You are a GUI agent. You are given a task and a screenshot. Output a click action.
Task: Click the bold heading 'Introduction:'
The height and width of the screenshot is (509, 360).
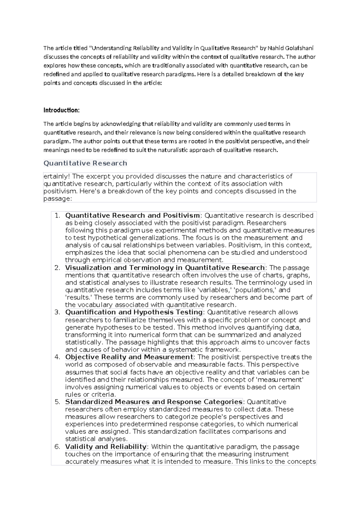coord(61,110)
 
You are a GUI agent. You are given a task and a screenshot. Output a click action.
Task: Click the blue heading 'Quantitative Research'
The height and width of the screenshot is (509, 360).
coord(85,163)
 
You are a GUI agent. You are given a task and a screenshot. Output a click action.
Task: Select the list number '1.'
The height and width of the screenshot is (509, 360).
coord(58,215)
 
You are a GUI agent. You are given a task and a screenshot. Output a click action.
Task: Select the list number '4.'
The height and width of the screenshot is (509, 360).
coord(58,357)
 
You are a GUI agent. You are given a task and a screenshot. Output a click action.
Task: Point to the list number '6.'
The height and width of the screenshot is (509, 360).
coord(58,447)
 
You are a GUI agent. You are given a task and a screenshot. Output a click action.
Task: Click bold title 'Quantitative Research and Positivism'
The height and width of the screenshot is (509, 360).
coord(132,215)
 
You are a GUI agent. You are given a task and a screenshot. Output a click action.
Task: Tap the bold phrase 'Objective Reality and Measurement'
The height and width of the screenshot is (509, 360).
coord(129,357)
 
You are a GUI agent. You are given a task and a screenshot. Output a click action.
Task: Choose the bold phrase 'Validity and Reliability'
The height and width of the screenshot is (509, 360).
coord(106,447)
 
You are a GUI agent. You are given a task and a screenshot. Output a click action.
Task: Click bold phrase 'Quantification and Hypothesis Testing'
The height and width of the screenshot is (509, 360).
coord(134,312)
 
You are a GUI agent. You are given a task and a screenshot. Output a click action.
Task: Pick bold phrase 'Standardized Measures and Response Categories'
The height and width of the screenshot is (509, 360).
coord(154,402)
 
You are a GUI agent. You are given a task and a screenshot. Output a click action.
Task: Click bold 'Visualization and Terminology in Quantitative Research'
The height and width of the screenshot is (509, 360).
coord(165,268)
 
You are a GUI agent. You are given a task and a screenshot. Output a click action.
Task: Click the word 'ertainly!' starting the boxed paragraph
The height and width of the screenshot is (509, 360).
coord(56,176)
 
